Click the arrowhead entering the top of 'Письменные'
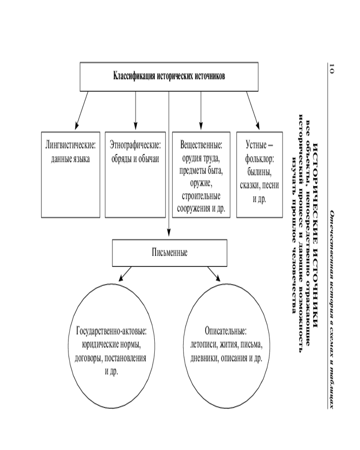pyautogui.click(x=169, y=233)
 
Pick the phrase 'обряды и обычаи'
pyautogui.click(x=135, y=159)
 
